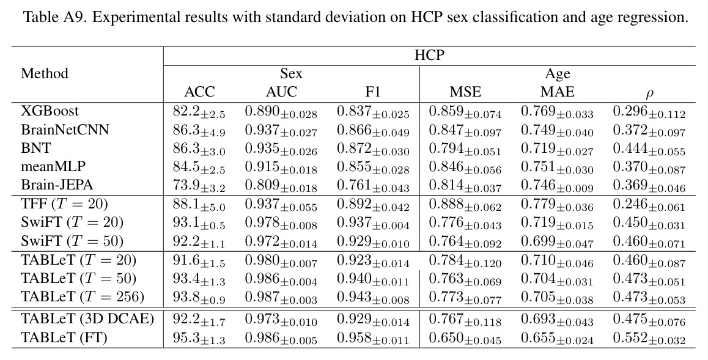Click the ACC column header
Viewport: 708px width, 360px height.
(x=199, y=92)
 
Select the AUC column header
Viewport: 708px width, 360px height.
(x=281, y=92)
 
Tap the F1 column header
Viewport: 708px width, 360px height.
(x=373, y=92)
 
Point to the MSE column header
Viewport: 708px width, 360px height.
(x=465, y=92)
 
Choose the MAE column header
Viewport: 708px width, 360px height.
(x=557, y=92)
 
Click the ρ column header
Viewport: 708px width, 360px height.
(x=649, y=94)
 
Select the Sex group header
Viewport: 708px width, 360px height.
(x=291, y=73)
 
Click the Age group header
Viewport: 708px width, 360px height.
(x=558, y=73)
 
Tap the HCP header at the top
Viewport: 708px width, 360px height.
(x=429, y=55)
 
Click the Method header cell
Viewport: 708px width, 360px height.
(x=44, y=73)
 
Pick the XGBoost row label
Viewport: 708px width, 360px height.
(x=50, y=111)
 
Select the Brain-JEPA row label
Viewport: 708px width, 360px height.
(x=57, y=185)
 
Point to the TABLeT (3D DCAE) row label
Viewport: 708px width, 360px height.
(x=87, y=318)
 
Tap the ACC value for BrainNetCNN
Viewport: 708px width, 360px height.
(x=199, y=130)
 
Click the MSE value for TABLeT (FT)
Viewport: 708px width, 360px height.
(x=465, y=338)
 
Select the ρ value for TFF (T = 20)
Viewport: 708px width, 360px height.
(x=649, y=205)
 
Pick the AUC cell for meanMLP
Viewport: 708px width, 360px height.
(x=281, y=167)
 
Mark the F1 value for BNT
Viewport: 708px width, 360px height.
(x=373, y=149)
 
